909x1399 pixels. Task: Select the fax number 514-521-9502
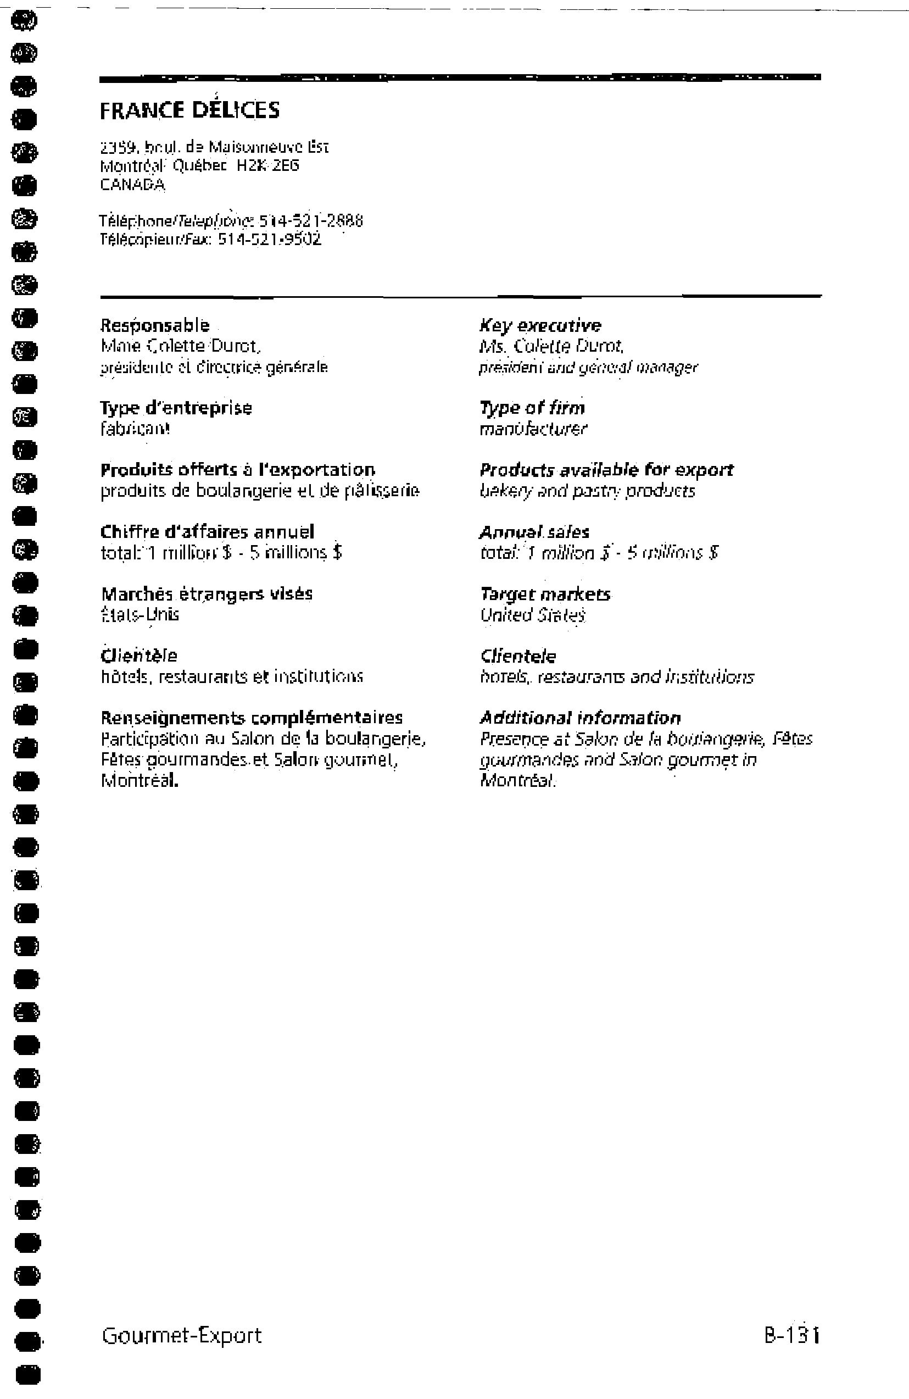pyautogui.click(x=270, y=240)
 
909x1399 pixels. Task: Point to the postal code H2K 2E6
pyautogui.click(x=268, y=166)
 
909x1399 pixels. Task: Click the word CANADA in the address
pyautogui.click(x=133, y=185)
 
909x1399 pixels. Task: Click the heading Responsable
pyautogui.click(x=155, y=325)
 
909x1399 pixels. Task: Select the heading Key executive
pyautogui.click(x=540, y=326)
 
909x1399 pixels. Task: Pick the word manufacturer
pyautogui.click(x=533, y=429)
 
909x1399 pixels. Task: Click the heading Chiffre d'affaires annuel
pyautogui.click(x=208, y=532)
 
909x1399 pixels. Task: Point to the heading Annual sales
pyautogui.click(x=534, y=532)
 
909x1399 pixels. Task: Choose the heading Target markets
pyautogui.click(x=545, y=595)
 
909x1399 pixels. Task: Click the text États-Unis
pyautogui.click(x=140, y=615)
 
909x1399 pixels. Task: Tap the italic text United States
pyautogui.click(x=533, y=615)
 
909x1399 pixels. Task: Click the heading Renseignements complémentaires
pyautogui.click(x=252, y=718)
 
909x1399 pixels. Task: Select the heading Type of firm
pyautogui.click(x=532, y=408)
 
